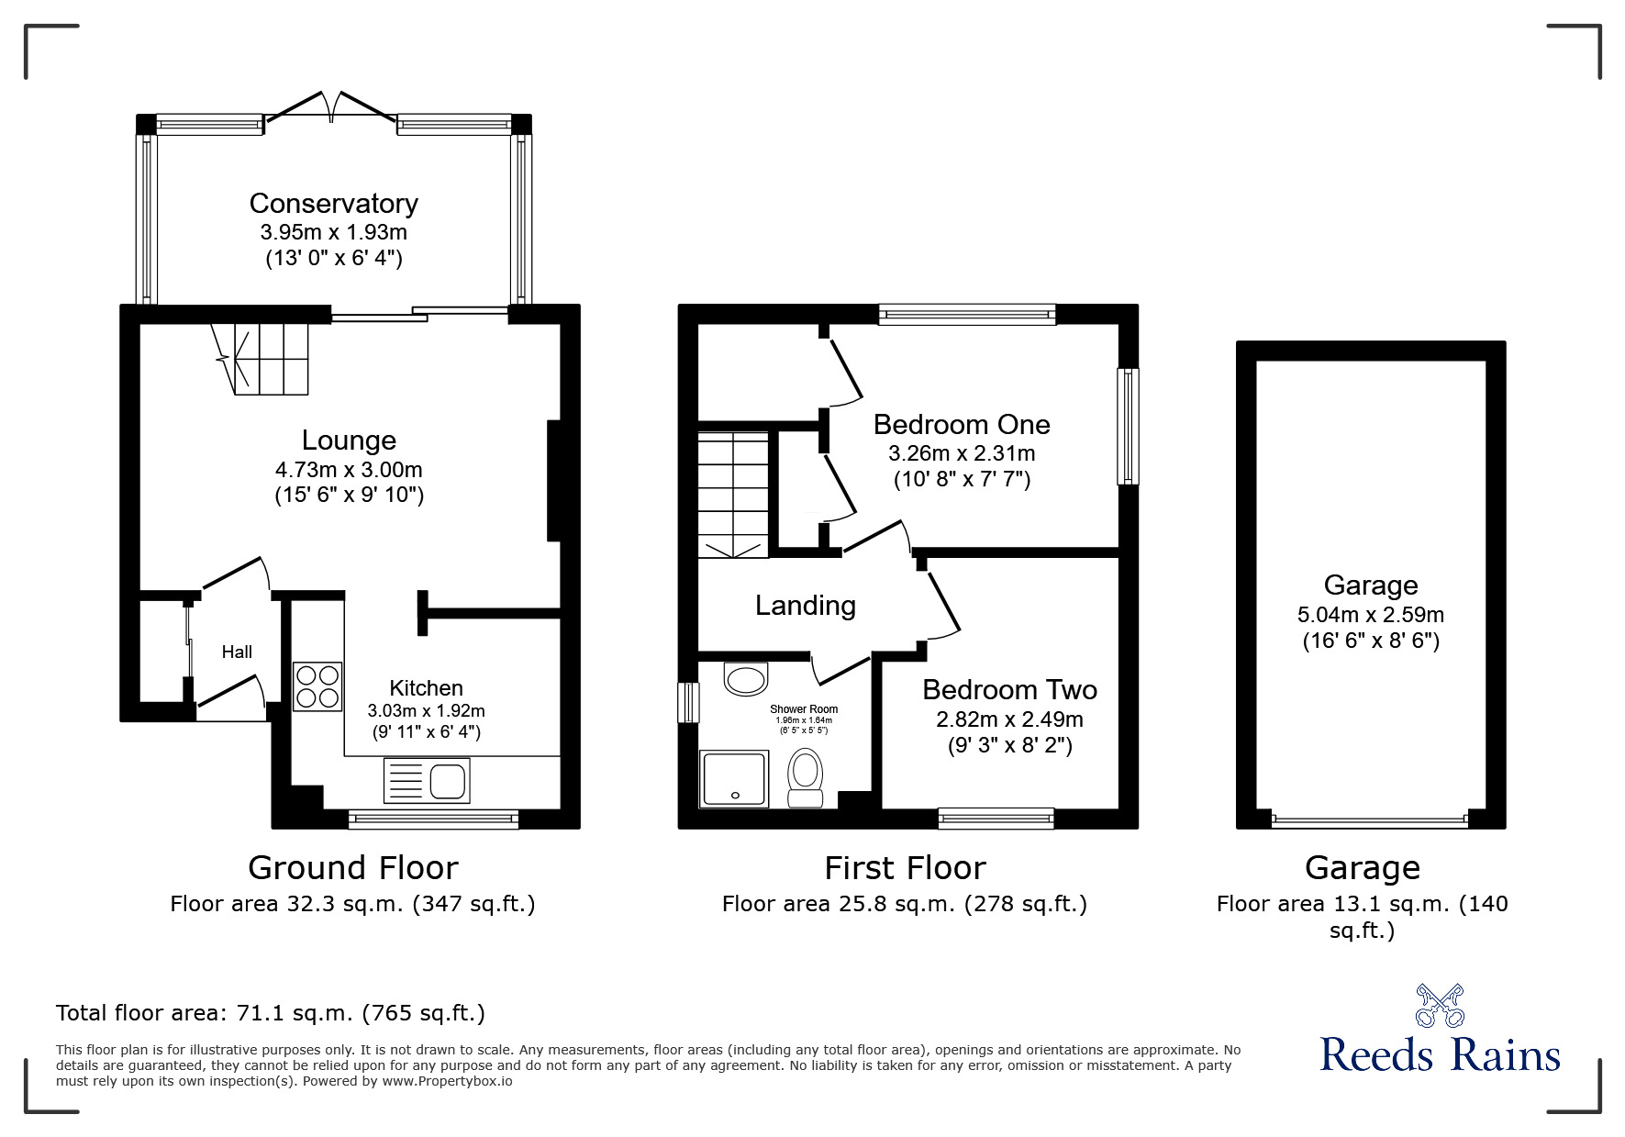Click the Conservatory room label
pyautogui.click(x=333, y=204)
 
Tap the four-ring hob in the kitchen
pyautogui.click(x=317, y=686)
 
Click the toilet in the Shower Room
pyautogui.click(x=806, y=776)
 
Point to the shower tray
pyautogui.click(x=733, y=779)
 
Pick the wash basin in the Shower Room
pyautogui.click(x=745, y=680)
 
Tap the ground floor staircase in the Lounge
pyautogui.click(x=265, y=358)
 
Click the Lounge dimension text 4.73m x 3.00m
pyautogui.click(x=349, y=470)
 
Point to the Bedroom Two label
pyautogui.click(x=1009, y=690)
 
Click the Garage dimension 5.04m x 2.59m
pyautogui.click(x=1371, y=615)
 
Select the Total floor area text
pyautogui.click(x=271, y=1013)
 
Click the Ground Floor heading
pyautogui.click(x=352, y=867)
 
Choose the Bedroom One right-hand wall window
pyautogui.click(x=1128, y=426)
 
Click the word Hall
pyautogui.click(x=237, y=652)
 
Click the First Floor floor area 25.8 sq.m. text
pyautogui.click(x=904, y=904)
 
